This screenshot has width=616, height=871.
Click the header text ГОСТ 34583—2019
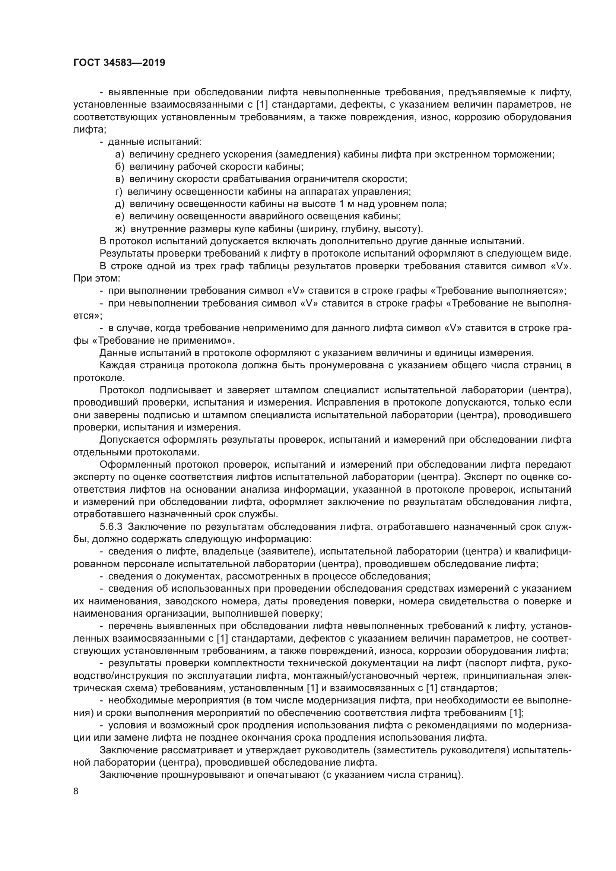[119, 63]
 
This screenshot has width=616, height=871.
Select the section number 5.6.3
[111, 527]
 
